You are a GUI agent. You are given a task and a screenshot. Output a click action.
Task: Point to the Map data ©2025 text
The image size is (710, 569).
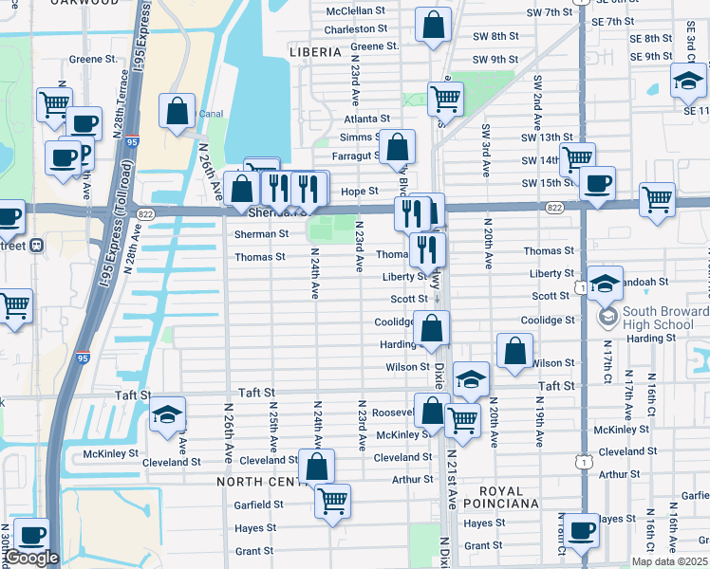click(669, 561)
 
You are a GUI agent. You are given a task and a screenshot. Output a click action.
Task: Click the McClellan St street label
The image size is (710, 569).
click(355, 11)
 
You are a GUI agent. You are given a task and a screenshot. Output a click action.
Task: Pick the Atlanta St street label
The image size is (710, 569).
click(366, 119)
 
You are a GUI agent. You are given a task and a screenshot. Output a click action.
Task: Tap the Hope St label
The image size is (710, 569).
click(360, 191)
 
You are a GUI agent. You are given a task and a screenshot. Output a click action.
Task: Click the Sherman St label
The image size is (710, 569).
click(261, 233)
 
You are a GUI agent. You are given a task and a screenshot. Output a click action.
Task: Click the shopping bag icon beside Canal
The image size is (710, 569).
click(177, 111)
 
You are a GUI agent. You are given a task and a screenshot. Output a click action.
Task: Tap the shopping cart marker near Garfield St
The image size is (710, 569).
click(332, 500)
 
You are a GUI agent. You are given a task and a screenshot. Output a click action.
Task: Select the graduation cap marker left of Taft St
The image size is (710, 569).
click(167, 413)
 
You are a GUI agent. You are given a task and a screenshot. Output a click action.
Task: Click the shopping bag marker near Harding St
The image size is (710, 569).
click(431, 328)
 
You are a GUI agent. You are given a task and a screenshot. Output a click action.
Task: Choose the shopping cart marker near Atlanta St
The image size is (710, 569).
click(444, 96)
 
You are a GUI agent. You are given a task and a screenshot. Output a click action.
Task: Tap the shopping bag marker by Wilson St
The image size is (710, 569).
click(514, 350)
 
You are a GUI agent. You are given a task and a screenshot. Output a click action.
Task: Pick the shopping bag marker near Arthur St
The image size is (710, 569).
click(316, 466)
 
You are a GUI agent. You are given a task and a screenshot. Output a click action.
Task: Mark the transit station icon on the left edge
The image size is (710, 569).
click(37, 246)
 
